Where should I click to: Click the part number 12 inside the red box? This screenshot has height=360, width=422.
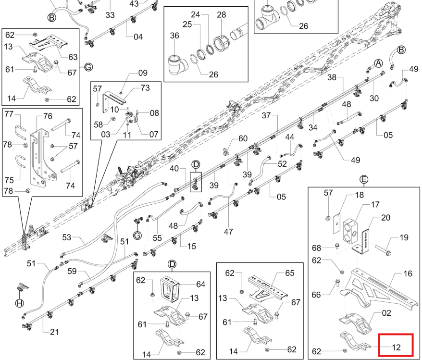[x=397, y=348]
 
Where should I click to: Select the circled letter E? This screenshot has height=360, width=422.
[x=363, y=179]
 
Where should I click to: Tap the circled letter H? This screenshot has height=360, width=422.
[x=19, y=303]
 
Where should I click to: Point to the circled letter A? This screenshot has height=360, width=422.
[x=379, y=63]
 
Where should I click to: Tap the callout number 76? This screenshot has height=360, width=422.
[x=48, y=116]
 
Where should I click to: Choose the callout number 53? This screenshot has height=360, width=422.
[x=67, y=237]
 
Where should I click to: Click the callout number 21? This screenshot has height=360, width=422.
[x=54, y=332]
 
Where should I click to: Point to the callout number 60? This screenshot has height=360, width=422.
[x=243, y=138]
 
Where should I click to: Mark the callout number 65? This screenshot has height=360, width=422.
[x=290, y=273]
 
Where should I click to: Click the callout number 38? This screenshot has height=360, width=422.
[x=332, y=77]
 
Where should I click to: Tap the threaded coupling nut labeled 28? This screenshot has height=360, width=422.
[x=221, y=42]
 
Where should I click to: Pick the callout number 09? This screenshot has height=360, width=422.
[x=143, y=73]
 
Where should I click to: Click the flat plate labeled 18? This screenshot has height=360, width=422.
[x=337, y=224]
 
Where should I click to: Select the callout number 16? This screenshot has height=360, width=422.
[x=408, y=273]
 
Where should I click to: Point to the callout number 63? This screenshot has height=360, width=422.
[x=73, y=57]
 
